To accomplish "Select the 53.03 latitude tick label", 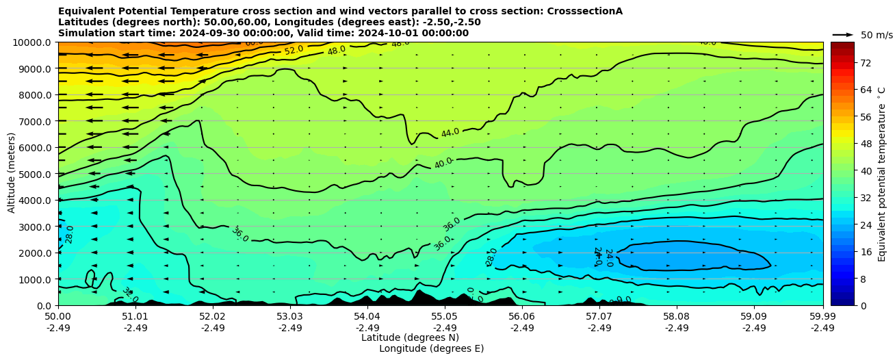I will tap(290, 317).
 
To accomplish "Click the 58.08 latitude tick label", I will tap(676, 317).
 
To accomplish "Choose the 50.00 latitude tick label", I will tap(58, 317).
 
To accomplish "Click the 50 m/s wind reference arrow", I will tap(843, 34).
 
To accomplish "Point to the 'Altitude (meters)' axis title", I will tap(12, 174).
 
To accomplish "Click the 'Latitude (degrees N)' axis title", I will tap(410, 337).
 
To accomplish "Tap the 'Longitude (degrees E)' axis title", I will tap(431, 348).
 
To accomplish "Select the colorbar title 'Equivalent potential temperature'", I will tap(882, 174).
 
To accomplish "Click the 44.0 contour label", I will tap(450, 133).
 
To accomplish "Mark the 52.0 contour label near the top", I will tap(294, 50).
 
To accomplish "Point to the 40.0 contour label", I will tap(443, 163).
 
